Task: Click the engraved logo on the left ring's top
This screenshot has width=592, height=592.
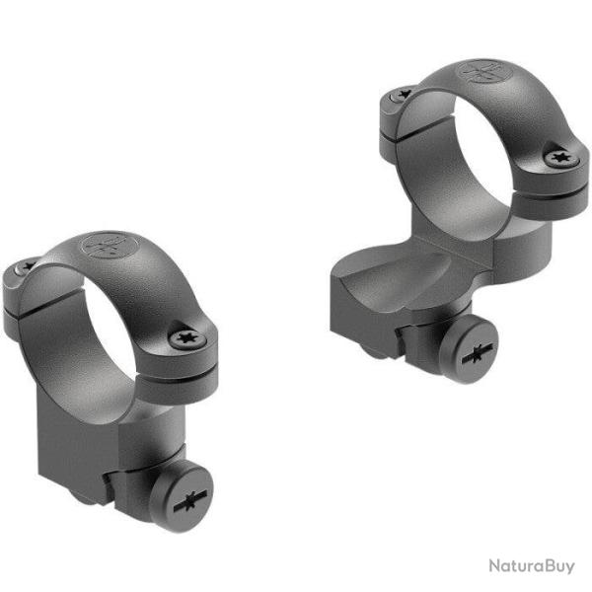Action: point(107,248)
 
